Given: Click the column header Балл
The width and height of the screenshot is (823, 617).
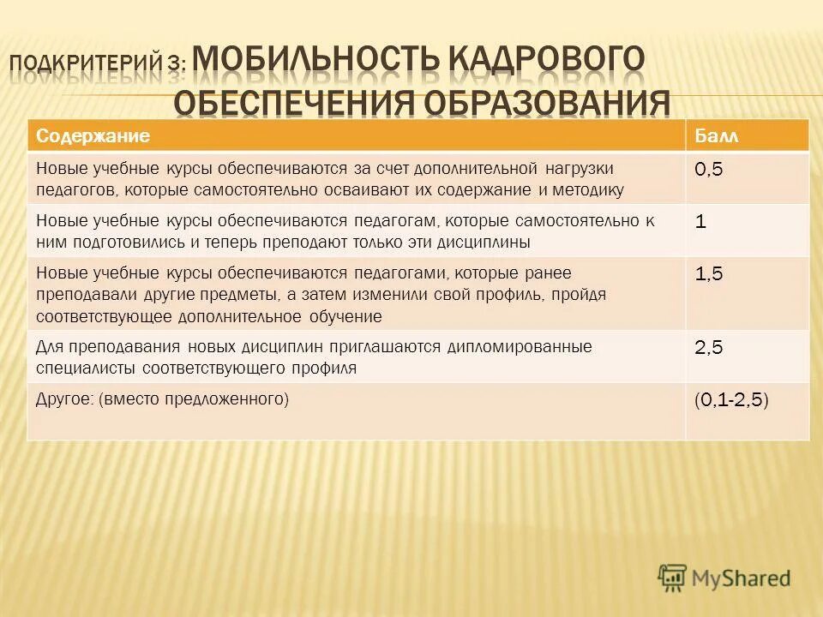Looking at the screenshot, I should pyautogui.click(x=715, y=136).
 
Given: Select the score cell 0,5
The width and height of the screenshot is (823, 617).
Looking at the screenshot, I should pyautogui.click(x=708, y=170).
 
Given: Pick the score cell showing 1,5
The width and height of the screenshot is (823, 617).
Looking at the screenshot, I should pyautogui.click(x=708, y=274).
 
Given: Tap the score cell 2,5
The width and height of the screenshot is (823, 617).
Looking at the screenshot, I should pyautogui.click(x=708, y=347).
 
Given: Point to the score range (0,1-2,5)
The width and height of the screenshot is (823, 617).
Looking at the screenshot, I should pyautogui.click(x=731, y=399).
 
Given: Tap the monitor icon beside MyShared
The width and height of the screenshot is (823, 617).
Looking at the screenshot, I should pyautogui.click(x=672, y=577).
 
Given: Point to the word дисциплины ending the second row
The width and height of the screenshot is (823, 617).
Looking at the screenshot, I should pyautogui.click(x=490, y=243).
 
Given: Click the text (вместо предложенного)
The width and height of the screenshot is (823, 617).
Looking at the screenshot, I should pyautogui.click(x=195, y=398).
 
